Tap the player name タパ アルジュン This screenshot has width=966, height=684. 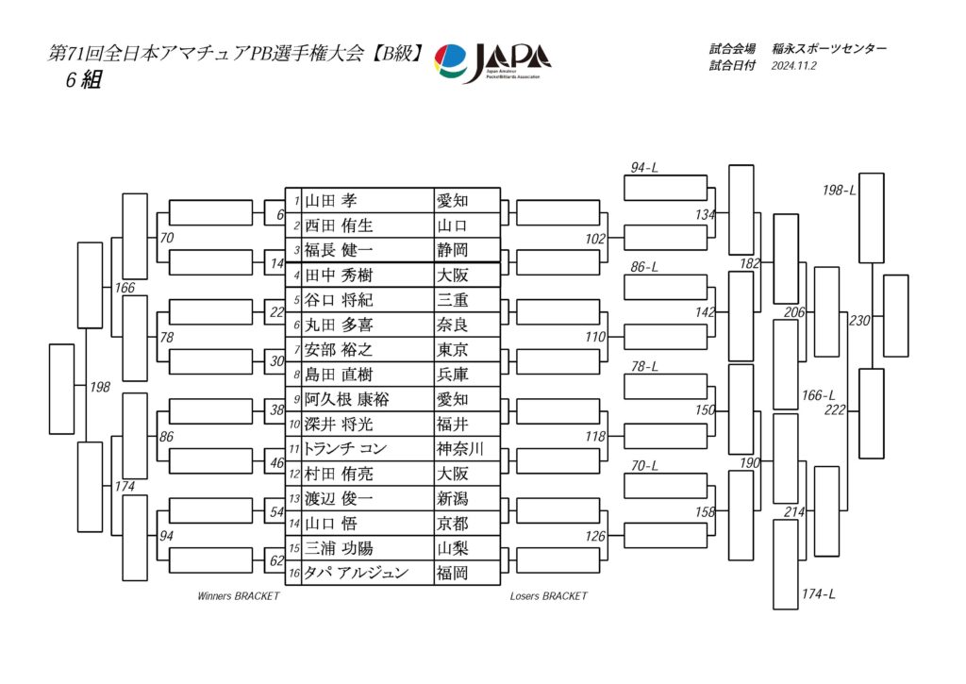click(x=357, y=573)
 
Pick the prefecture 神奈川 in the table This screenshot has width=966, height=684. click(x=460, y=449)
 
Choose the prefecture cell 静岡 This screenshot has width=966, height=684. click(x=452, y=251)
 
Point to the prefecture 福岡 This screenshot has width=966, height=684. click(x=452, y=573)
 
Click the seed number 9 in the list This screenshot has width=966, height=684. click(x=296, y=400)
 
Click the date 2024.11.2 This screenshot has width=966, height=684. click(x=793, y=67)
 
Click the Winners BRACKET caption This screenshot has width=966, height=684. click(x=239, y=596)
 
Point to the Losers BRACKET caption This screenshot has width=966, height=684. click(x=548, y=596)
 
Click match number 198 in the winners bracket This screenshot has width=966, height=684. click(x=100, y=388)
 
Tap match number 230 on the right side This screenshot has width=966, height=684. click(x=859, y=321)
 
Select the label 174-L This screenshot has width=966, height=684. click(x=818, y=594)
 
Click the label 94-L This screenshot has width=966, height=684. click(x=644, y=168)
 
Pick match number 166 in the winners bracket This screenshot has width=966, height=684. click(x=125, y=288)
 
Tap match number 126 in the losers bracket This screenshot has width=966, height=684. click(x=595, y=537)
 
